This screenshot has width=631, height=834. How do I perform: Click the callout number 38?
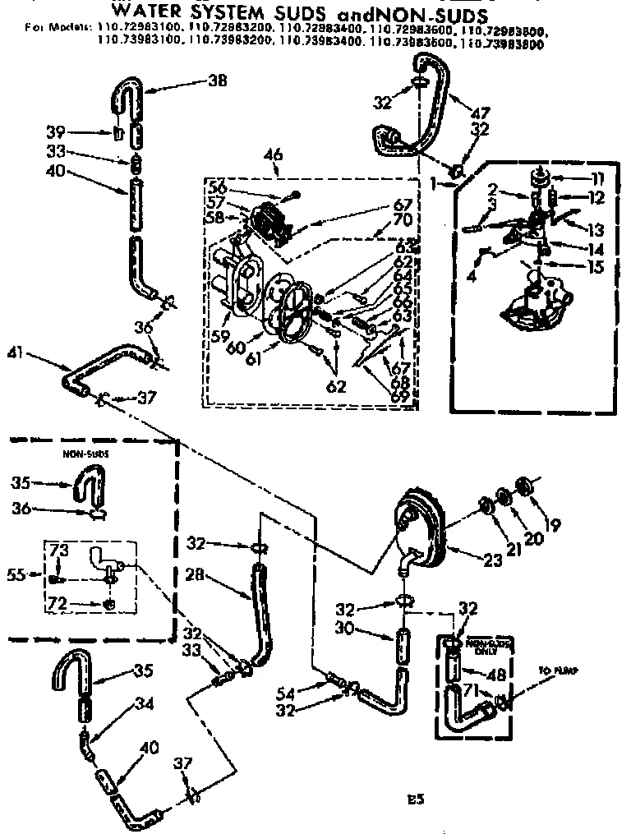[x=218, y=81]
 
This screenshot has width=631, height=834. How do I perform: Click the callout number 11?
[x=596, y=177]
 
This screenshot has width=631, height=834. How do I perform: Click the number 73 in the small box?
[x=60, y=549]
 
